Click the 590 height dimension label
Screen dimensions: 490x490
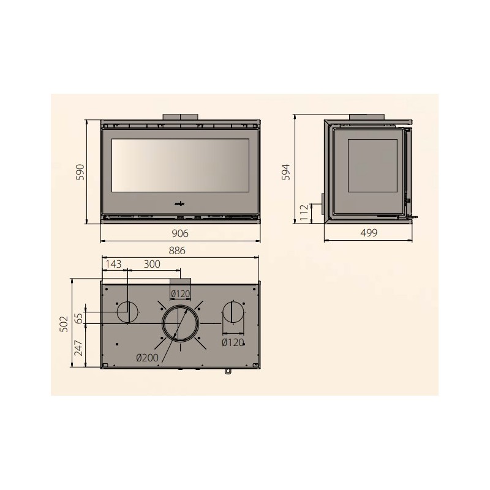click(x=81, y=172)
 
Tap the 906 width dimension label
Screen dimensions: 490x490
click(x=180, y=233)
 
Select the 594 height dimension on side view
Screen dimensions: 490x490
click(x=286, y=172)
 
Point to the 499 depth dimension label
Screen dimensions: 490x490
click(x=369, y=233)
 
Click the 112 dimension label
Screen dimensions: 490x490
click(x=304, y=213)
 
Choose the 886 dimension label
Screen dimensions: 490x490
click(x=177, y=251)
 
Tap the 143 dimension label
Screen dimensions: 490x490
click(x=113, y=264)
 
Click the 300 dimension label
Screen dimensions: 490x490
click(x=152, y=264)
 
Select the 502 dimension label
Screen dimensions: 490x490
click(x=64, y=324)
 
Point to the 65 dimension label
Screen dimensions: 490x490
click(x=79, y=318)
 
